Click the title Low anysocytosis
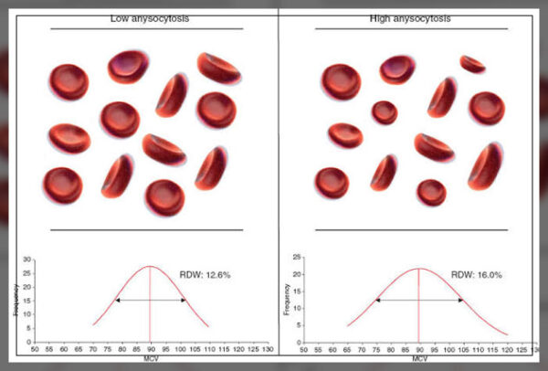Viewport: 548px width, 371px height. point(146,17)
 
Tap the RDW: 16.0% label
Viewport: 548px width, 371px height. point(476,273)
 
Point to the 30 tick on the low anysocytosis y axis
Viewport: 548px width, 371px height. point(29,262)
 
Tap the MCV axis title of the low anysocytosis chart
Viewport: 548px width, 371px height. point(149,357)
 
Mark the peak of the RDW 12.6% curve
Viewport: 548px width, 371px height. point(150,266)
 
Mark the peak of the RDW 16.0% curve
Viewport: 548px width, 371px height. point(417,269)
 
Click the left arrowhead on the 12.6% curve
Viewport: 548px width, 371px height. point(116,300)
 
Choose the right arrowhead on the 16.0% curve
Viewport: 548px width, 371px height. point(460,300)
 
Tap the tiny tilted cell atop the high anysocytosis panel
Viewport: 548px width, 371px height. point(472,63)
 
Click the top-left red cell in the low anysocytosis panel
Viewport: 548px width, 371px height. point(68,82)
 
